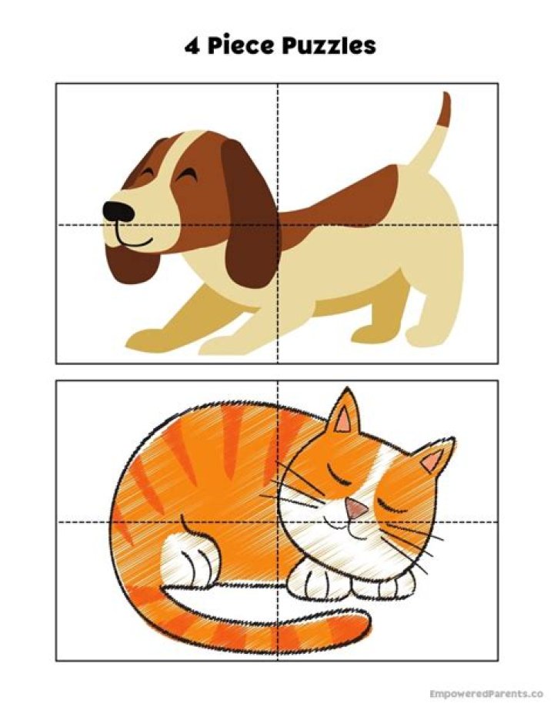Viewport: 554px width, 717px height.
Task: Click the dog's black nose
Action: (x=117, y=210)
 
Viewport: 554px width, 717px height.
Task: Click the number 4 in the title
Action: (x=192, y=45)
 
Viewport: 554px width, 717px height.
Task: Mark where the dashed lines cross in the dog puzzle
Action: (x=278, y=225)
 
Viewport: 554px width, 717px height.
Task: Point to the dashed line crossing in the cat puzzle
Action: (x=278, y=521)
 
